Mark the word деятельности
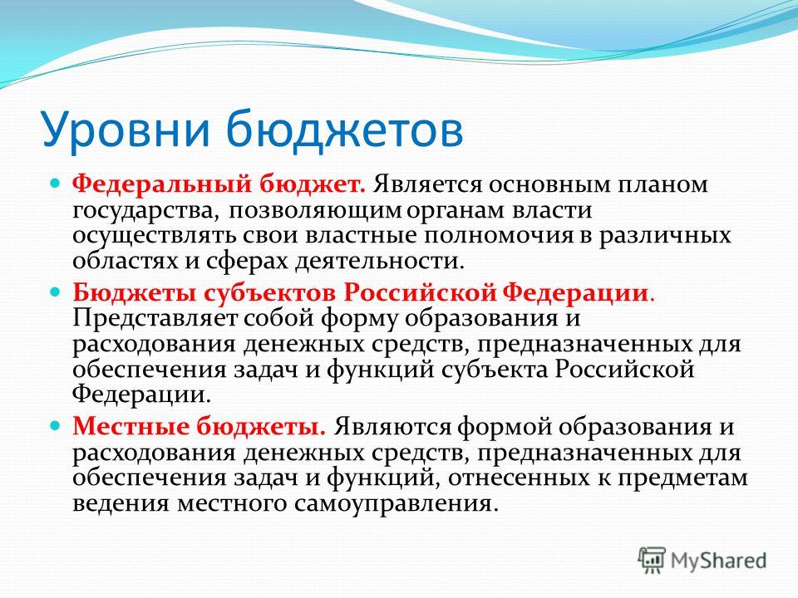click(x=380, y=262)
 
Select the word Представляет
click(x=155, y=319)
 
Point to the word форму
click(x=360, y=319)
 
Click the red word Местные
click(x=131, y=427)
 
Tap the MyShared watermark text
click(x=718, y=561)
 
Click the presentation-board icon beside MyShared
click(x=652, y=561)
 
